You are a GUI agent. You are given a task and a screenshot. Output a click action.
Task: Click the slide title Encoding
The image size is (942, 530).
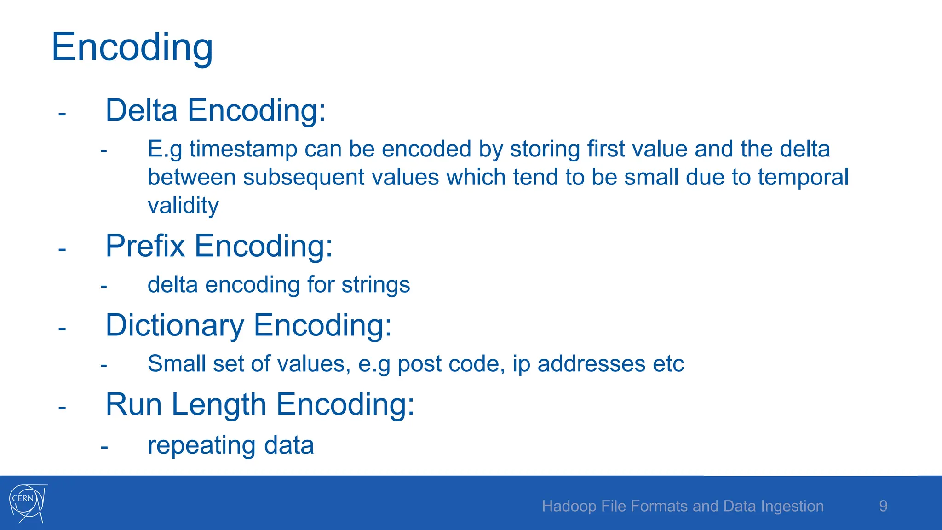[132, 47]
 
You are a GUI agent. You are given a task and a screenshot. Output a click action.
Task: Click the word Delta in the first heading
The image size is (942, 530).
[142, 110]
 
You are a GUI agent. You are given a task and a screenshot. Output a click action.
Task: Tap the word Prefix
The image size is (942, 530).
[145, 246]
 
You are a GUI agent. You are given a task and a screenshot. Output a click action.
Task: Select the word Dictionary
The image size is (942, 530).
[175, 325]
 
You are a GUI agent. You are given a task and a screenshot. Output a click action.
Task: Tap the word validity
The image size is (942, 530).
[183, 206]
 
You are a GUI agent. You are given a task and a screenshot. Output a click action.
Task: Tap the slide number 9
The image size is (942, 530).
[883, 506]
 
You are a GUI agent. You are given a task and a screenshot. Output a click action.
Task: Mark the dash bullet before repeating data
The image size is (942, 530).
[104, 446]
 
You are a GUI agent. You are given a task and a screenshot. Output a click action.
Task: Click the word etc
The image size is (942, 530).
[668, 364]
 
